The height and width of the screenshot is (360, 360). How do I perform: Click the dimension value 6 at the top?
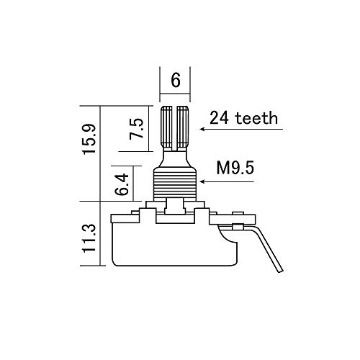pyautogui.click(x=175, y=81)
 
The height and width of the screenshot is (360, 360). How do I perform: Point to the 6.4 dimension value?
pyautogui.click(x=123, y=185)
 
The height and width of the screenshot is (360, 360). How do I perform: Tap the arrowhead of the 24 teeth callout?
pyautogui.click(x=204, y=130)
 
